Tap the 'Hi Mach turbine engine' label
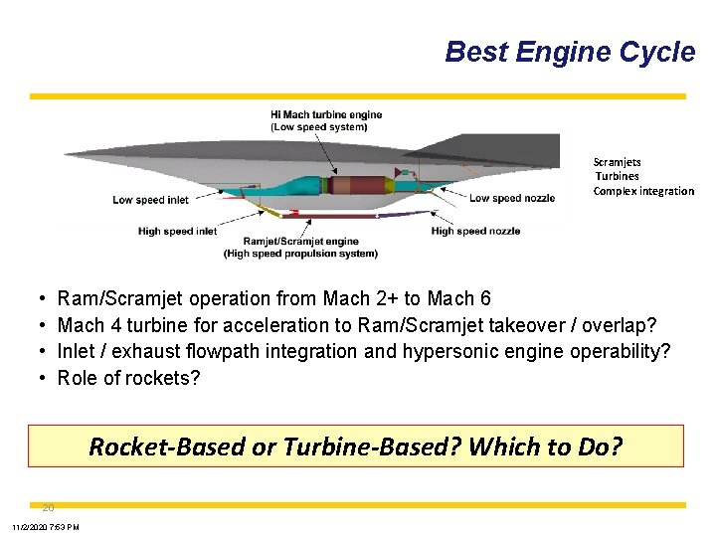tap(326, 115)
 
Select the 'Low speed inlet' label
tap(150, 200)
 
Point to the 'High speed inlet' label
tap(177, 232)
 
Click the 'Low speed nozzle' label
tap(511, 198)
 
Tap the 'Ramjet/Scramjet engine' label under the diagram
tap(300, 242)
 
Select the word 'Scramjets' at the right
tap(617, 162)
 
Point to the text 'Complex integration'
tap(643, 191)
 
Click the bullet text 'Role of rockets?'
tap(128, 378)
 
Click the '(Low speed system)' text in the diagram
tap(318, 127)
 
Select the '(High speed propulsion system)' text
tap(300, 254)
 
